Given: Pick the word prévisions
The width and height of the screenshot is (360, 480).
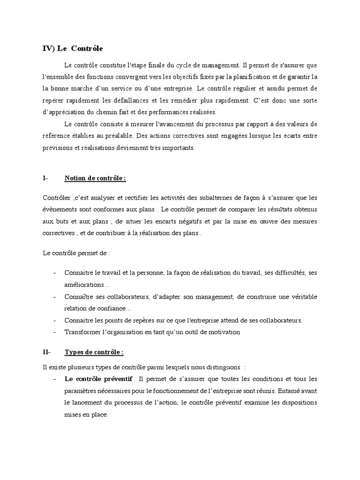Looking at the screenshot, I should [x=58, y=148].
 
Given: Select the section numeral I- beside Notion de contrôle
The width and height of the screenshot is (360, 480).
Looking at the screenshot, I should [x=45, y=178].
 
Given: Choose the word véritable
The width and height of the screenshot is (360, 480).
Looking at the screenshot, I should [x=298, y=297].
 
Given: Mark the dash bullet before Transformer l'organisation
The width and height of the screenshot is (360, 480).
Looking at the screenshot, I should [x=55, y=332].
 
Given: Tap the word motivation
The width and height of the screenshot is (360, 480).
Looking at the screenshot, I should [x=223, y=332].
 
